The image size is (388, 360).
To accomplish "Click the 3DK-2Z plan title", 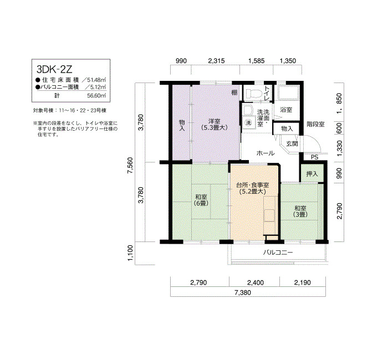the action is click(x=54, y=69).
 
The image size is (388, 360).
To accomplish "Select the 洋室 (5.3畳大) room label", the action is click(x=215, y=125).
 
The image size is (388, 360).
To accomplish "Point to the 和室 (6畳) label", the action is click(x=201, y=200).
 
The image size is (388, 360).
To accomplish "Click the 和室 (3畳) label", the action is click(x=300, y=212).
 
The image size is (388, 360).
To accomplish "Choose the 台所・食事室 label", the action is click(x=252, y=184).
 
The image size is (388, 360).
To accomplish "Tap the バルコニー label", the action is click(x=278, y=253).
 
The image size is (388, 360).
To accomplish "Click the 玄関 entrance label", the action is click(x=292, y=143).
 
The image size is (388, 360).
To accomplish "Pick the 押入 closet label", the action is click(x=312, y=174).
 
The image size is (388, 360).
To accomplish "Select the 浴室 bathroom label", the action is click(x=286, y=110).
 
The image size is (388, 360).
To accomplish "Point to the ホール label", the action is click(x=266, y=153).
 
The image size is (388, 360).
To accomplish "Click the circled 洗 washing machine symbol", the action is click(x=248, y=122).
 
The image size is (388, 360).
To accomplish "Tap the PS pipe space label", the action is click(x=314, y=157).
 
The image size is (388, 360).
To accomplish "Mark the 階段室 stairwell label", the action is click(x=315, y=124).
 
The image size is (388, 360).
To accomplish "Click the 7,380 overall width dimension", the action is click(x=243, y=293).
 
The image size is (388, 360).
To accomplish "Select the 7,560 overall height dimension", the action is click(x=130, y=166).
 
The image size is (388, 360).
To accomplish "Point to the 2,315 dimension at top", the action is click(x=216, y=60).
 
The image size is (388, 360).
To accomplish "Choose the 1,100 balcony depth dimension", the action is click(x=130, y=253).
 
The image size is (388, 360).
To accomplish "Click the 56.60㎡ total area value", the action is click(x=96, y=96).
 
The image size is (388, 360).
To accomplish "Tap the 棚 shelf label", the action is click(x=234, y=92).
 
